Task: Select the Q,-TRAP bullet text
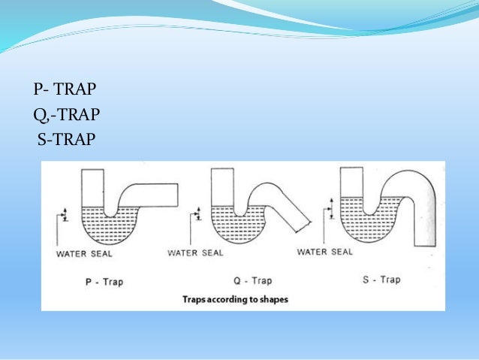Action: [67, 116]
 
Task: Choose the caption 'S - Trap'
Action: [380, 280]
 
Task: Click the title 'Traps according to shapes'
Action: [235, 299]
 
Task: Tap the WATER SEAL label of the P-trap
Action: [84, 253]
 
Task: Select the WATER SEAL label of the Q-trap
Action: [195, 253]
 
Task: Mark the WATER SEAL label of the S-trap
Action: [324, 252]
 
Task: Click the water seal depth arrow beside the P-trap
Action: [65, 213]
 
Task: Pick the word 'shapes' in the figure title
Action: [273, 299]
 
